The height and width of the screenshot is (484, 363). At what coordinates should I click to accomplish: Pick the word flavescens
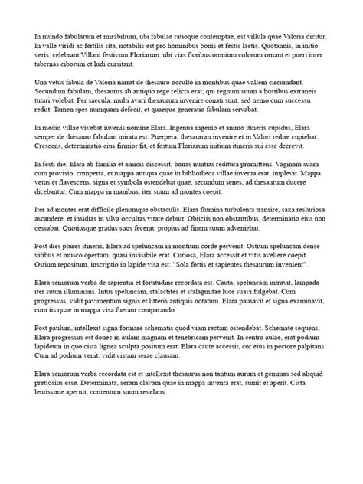(x=84, y=185)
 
